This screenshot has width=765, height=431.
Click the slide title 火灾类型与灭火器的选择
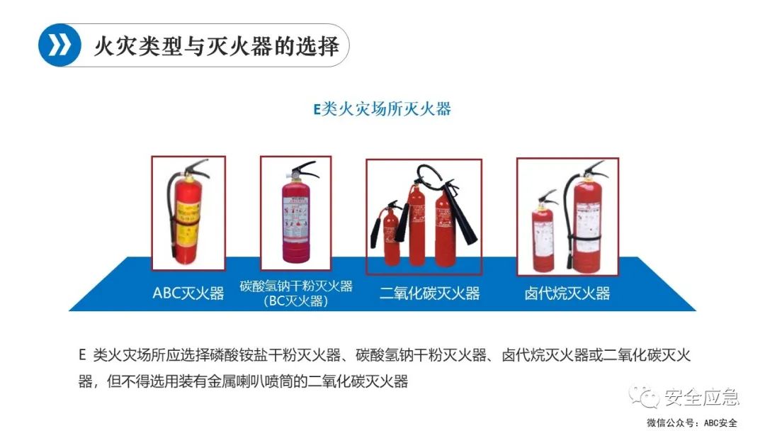click(216, 46)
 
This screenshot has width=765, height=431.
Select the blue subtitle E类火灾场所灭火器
click(382, 109)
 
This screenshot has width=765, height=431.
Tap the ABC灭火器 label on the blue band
click(188, 293)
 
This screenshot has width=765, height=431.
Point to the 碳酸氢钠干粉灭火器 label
click(295, 286)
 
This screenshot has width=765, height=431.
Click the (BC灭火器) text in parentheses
click(295, 301)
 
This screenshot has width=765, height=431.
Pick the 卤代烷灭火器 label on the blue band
click(567, 293)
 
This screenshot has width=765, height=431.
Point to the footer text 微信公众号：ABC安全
click(691, 422)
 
